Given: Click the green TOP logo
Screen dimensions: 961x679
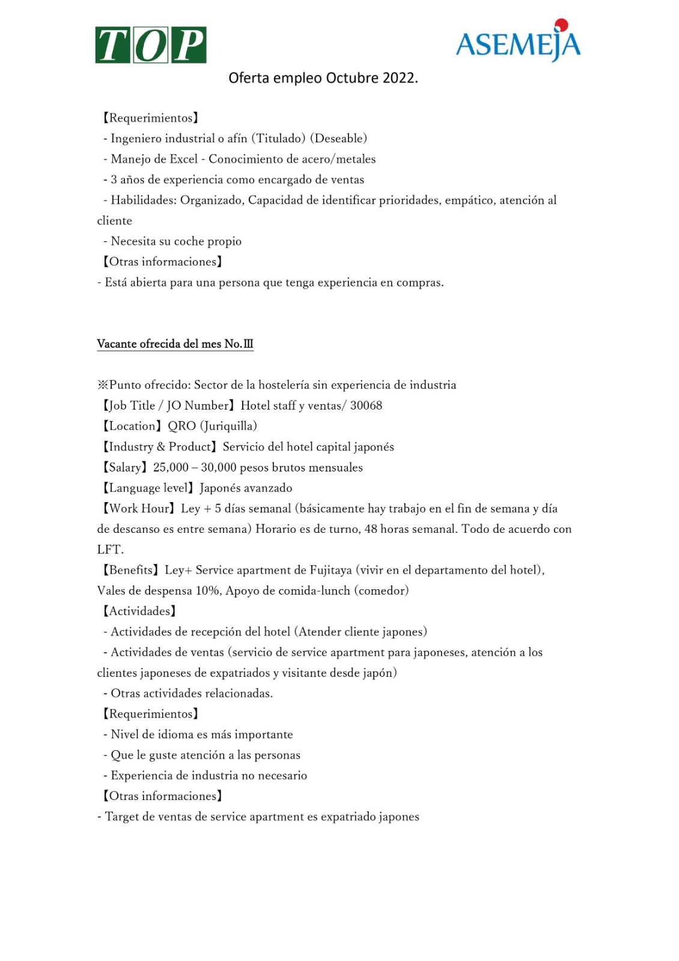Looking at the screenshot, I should tap(151, 45).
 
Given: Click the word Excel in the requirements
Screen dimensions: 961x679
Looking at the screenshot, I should tap(183, 159).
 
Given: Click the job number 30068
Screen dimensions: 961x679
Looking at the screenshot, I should tap(366, 405).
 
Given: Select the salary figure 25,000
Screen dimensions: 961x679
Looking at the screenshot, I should tap(171, 467).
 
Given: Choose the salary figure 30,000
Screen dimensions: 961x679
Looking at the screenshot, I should tap(218, 467).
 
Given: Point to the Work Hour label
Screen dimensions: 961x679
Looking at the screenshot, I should tap(141, 509).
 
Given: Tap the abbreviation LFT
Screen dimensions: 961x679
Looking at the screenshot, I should tap(110, 550).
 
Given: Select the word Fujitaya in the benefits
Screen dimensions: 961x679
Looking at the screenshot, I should tap(330, 570).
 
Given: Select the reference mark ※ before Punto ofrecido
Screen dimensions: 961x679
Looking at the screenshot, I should tap(103, 385).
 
